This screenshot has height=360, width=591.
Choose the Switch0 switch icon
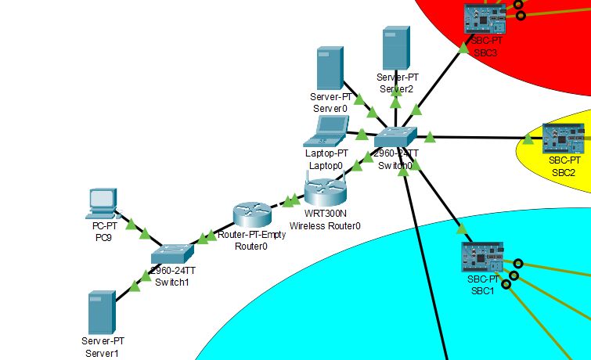[396, 138]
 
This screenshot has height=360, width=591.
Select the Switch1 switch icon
[172, 253]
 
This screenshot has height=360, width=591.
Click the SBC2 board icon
[563, 138]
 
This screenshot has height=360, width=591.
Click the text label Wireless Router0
[326, 226]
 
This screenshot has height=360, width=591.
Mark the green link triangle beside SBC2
[528, 139]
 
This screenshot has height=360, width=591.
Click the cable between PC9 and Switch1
[138, 228]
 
